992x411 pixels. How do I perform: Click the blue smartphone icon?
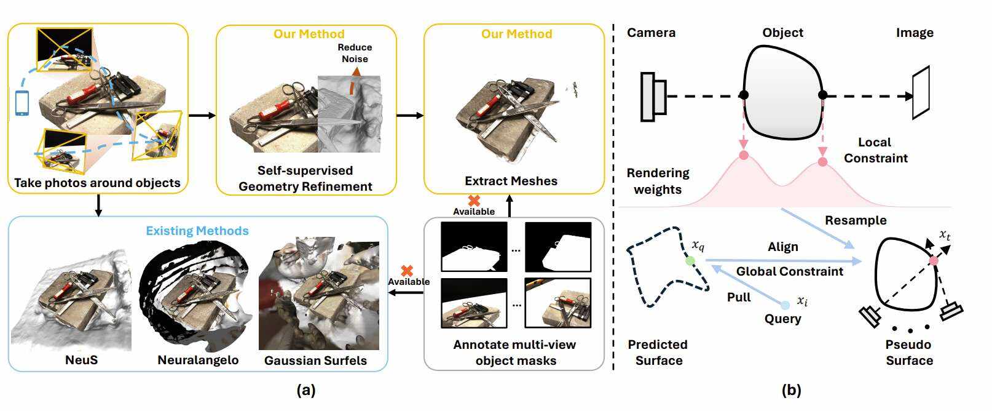coord(22,103)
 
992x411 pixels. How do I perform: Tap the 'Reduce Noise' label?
coord(355,53)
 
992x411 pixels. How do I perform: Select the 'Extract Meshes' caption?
coord(511,181)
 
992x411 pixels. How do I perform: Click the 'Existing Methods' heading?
coord(197,231)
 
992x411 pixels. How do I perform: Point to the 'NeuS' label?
coord(81,359)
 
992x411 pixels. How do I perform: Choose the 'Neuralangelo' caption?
coord(198,360)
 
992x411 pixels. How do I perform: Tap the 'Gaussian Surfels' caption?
coord(315,361)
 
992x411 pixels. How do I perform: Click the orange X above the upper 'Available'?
coord(474,201)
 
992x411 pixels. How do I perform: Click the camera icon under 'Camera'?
coord(653,96)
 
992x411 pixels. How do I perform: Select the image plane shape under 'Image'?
coord(921,92)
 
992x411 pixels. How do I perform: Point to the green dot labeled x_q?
coord(690,261)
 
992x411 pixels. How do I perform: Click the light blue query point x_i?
coord(785,305)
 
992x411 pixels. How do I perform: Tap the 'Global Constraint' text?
coord(790,271)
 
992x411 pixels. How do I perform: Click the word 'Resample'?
coord(856,220)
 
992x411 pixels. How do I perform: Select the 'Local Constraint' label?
coord(875,150)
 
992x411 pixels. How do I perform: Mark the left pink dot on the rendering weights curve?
coord(744,155)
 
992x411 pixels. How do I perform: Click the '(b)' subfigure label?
coord(791,390)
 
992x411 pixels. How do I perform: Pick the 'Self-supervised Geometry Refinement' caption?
coord(305,178)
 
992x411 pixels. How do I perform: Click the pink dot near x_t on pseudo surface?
coord(934,261)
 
